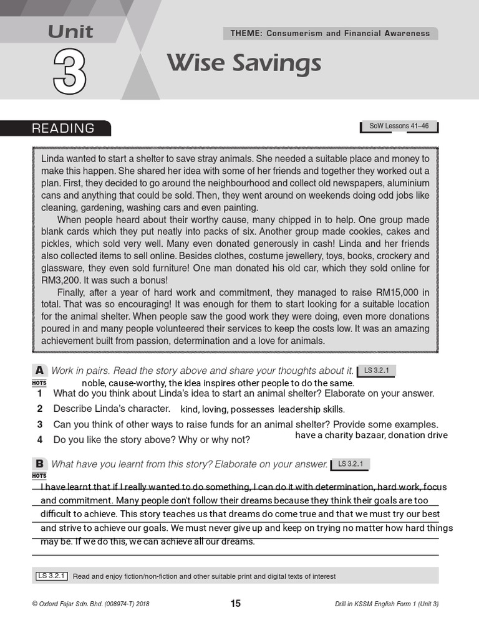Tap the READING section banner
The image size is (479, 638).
pyautogui.click(x=64, y=128)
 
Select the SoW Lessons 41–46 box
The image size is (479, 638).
pyautogui.click(x=399, y=126)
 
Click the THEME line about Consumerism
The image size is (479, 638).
pyautogui.click(x=331, y=33)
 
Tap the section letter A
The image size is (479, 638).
pyautogui.click(x=39, y=371)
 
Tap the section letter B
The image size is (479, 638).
pyautogui.click(x=39, y=464)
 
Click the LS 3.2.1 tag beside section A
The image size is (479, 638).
pyautogui.click(x=376, y=371)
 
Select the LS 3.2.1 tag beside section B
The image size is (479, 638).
pyautogui.click(x=351, y=464)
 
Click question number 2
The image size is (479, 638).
pyautogui.click(x=39, y=409)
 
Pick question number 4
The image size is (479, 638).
pyautogui.click(x=39, y=439)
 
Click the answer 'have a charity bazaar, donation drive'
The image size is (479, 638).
pyautogui.click(x=371, y=435)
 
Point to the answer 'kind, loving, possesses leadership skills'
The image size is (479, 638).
pyautogui.click(x=262, y=409)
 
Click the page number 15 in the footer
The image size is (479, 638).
pyautogui.click(x=235, y=603)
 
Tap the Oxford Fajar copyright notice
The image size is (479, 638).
pyautogui.click(x=90, y=604)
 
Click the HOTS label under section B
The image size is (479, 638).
pyautogui.click(x=39, y=475)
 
